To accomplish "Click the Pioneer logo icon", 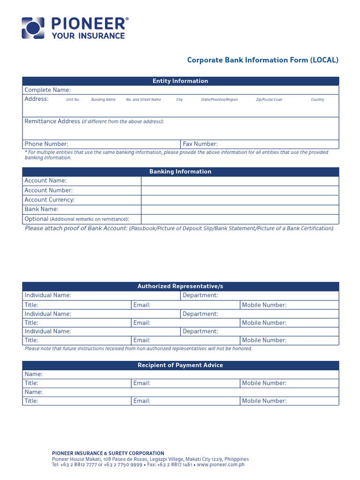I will click(x=33, y=28).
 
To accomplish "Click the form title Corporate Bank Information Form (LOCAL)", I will click(x=262, y=60).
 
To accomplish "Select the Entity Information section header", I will click(x=180, y=81).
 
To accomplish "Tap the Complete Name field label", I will click(x=47, y=90).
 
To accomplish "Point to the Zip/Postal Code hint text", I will click(x=269, y=100).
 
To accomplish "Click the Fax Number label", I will click(x=200, y=144).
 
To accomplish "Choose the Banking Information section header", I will click(x=180, y=172).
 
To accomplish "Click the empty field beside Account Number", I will click(x=240, y=190).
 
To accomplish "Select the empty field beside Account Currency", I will click(x=240, y=200).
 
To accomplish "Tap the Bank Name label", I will click(x=41, y=209).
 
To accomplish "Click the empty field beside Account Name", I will click(x=240, y=181).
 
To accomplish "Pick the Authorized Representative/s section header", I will click(x=180, y=286).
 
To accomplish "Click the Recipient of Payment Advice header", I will click(x=180, y=365).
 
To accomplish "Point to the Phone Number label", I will click(x=46, y=144).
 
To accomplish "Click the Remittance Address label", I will click(x=52, y=121).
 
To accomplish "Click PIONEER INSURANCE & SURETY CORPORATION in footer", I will click(x=108, y=453).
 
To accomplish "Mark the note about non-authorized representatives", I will click(x=138, y=349).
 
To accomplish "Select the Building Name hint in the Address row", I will click(x=103, y=100).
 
